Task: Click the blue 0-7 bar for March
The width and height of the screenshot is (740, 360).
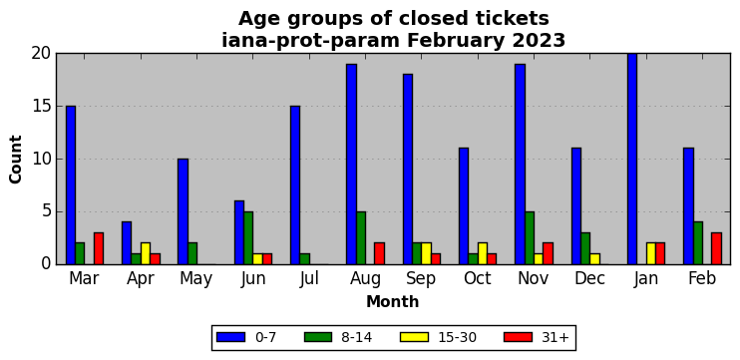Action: point(71,184)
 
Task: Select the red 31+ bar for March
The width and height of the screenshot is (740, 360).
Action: point(99,248)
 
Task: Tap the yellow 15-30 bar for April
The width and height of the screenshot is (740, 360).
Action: point(146,254)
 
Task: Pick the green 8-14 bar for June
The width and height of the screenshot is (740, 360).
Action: point(248,238)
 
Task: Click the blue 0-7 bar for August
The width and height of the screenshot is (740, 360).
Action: point(351,165)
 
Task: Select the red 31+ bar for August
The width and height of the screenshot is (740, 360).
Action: point(379,254)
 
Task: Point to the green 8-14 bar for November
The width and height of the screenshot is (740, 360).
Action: point(530,238)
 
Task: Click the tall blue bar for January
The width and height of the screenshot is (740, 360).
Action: point(632,159)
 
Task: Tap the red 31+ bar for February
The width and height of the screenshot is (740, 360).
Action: point(716,248)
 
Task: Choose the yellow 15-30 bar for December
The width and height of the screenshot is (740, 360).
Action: point(594,259)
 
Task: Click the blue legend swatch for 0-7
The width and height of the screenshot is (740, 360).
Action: point(230,337)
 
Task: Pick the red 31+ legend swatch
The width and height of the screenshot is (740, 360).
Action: point(519,337)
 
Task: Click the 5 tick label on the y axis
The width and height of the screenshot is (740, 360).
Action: point(46,211)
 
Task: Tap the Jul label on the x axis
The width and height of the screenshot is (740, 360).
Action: point(309,279)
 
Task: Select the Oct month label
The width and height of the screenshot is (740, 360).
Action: point(478,279)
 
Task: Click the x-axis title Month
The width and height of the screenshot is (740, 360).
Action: point(393,301)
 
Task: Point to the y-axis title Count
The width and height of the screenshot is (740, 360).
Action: point(16,159)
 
